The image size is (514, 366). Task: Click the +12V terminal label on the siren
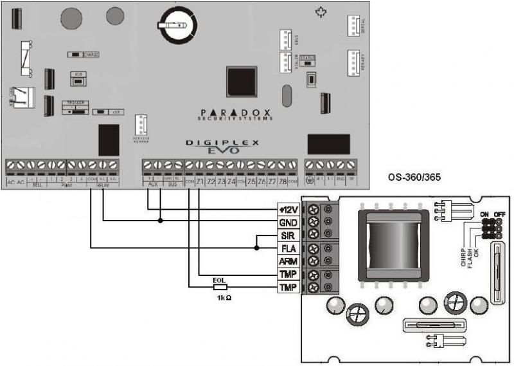pos(287,208)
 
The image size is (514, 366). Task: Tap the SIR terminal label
pos(287,235)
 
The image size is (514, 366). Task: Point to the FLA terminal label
pos(287,248)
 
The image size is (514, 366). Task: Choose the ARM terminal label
pos(287,261)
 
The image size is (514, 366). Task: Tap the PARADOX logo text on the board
pos(235,111)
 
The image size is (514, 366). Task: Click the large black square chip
pos(242,81)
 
